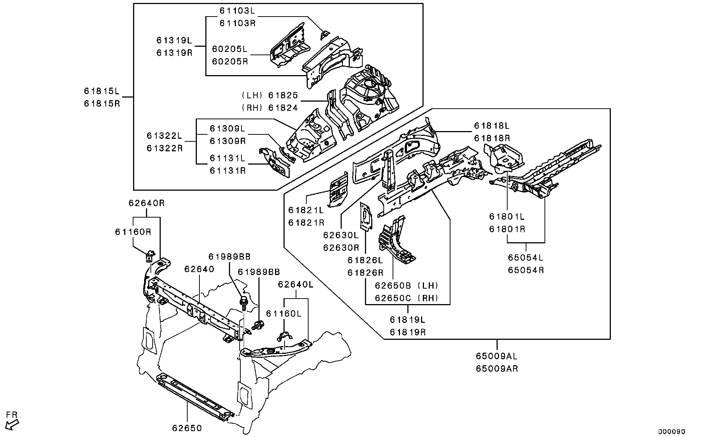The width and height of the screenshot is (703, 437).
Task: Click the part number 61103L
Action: tap(237, 11)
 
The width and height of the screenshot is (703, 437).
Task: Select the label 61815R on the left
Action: tap(102, 103)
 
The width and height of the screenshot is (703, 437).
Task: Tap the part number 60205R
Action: tap(230, 61)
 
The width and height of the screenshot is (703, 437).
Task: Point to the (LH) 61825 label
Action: tap(269, 95)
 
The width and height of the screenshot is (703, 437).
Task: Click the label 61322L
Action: tap(164, 136)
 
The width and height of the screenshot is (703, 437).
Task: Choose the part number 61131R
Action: tap(227, 171)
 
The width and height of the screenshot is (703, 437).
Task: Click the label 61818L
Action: tap(491, 126)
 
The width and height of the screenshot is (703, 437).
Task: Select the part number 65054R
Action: tap(526, 270)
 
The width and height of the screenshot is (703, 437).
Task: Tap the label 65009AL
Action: tap(496, 356)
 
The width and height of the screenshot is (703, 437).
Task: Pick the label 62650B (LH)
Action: tap(407, 285)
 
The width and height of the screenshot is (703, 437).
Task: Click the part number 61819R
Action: tap(408, 332)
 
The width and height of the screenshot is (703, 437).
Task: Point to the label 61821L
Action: tap(306, 210)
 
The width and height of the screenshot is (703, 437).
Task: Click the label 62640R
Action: tap(146, 203)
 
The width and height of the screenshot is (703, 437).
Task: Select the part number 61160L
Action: tap(284, 314)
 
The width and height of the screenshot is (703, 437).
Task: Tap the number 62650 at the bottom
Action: tap(187, 428)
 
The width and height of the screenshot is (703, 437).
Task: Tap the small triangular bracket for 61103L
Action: tap(324, 35)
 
